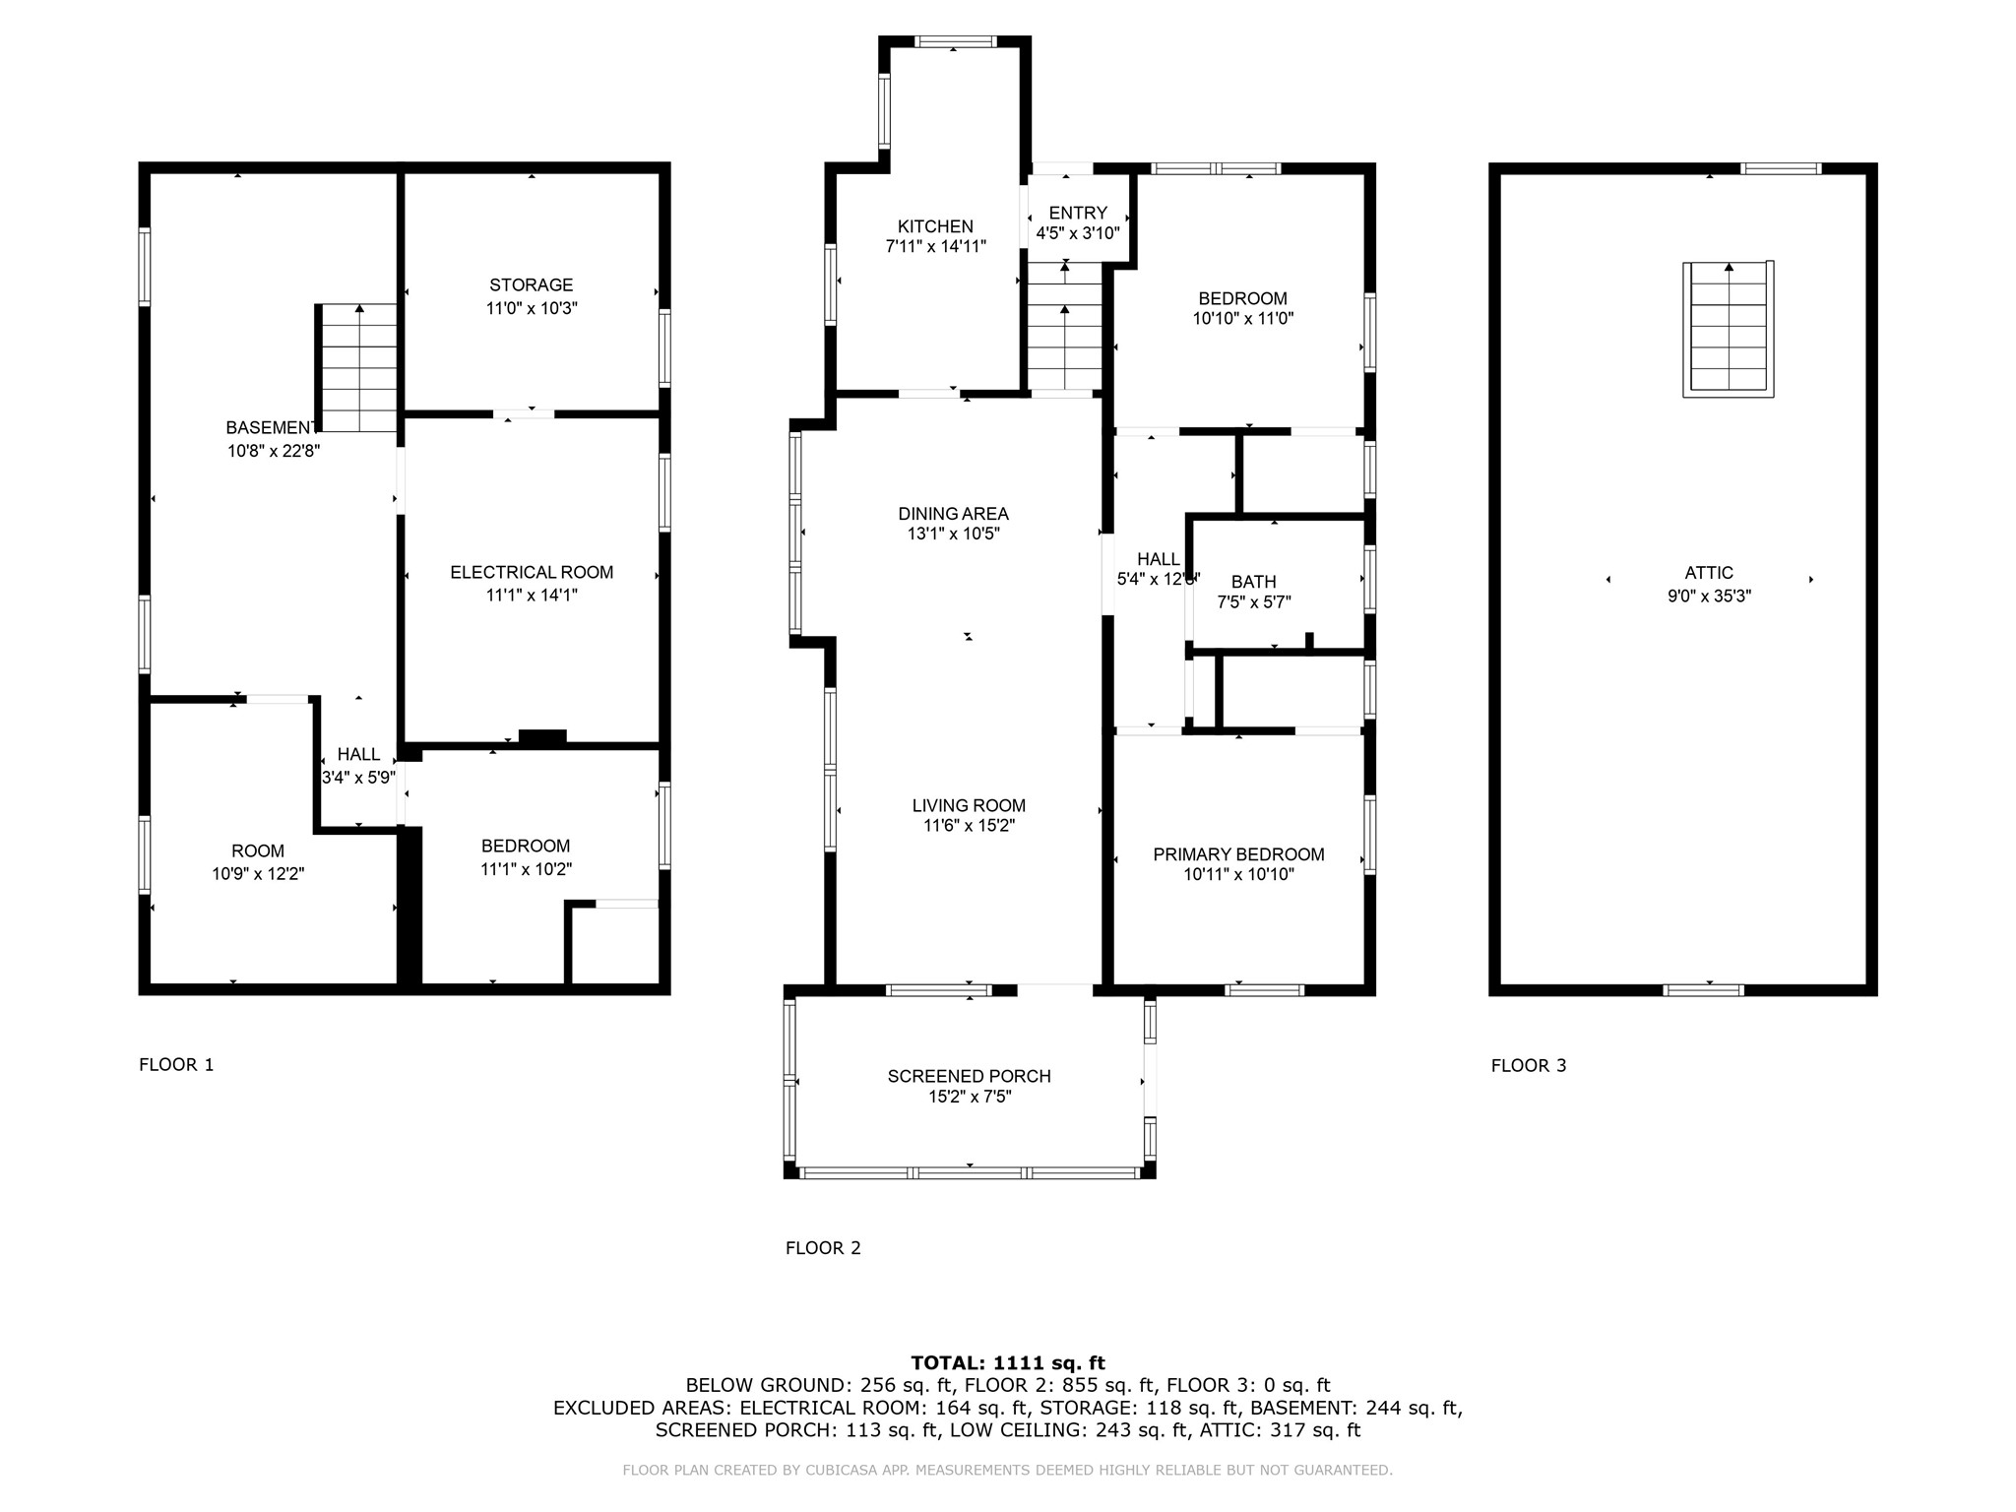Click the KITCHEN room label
click(935, 226)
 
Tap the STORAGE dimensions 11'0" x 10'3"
click(532, 308)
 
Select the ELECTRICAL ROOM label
click(532, 572)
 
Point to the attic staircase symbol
click(1729, 329)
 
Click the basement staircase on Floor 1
click(356, 367)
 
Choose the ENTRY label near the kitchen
click(1078, 213)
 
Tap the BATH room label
click(1253, 582)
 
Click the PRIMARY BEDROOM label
click(1238, 854)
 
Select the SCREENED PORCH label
click(970, 1076)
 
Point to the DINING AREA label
click(953, 513)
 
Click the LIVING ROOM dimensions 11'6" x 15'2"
click(969, 826)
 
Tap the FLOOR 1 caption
click(176, 1064)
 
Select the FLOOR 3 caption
click(1529, 1065)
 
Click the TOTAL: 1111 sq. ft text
click(1008, 1362)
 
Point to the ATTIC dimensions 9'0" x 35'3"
click(1709, 596)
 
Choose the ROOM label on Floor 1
click(258, 850)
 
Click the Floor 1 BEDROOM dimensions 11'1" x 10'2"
click(526, 869)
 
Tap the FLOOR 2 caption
click(823, 1248)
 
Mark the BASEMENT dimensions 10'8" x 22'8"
click(274, 451)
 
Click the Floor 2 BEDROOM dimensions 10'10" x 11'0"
click(1242, 318)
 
